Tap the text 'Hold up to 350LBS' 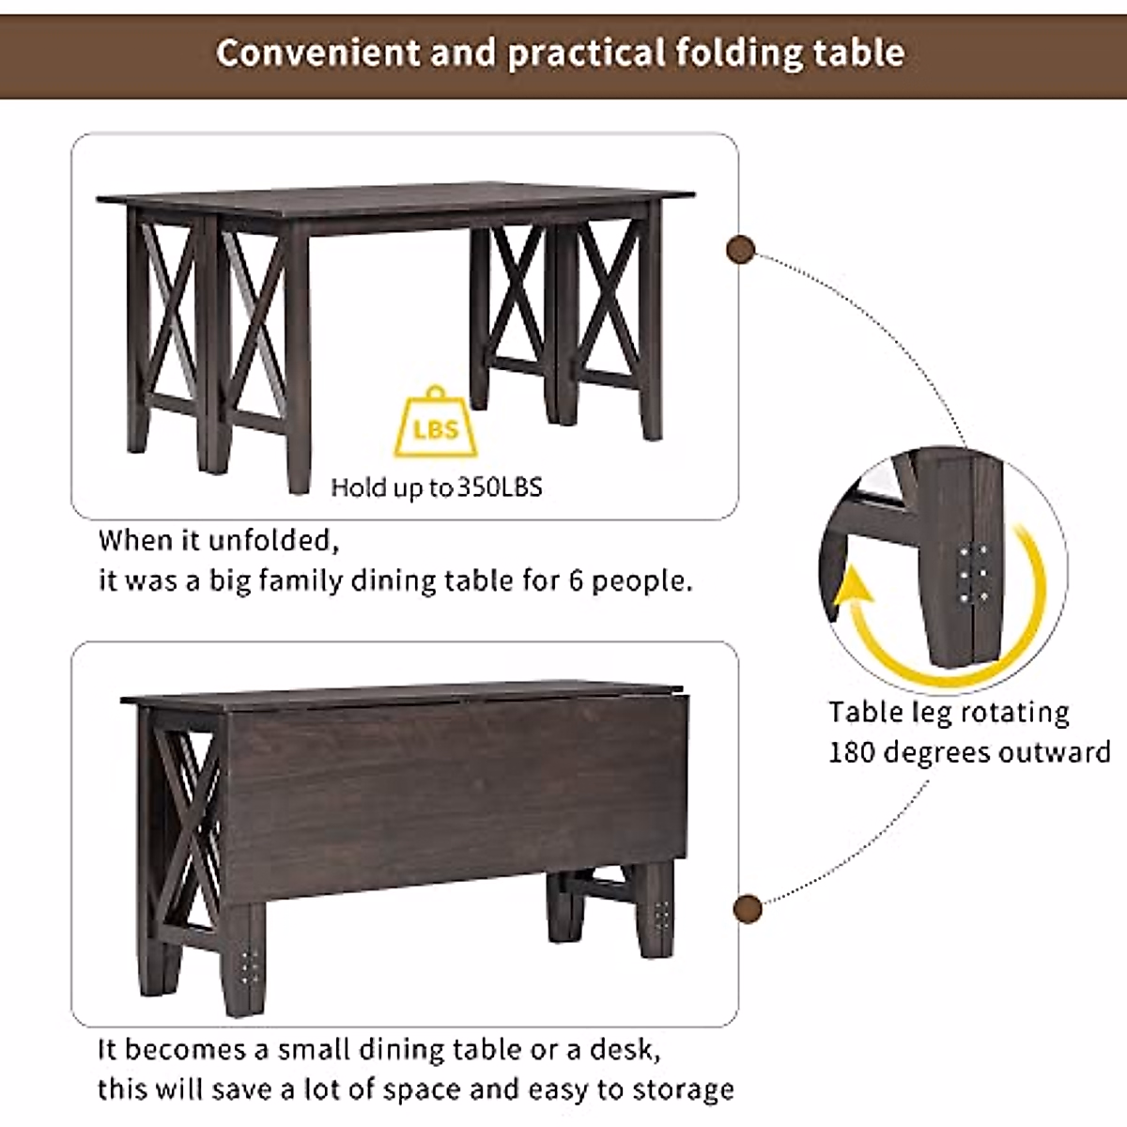(x=437, y=486)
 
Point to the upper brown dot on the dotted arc (x=741, y=250)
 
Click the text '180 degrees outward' (x=968, y=752)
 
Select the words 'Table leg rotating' (x=949, y=712)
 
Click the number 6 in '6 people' (x=577, y=580)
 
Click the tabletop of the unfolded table (x=394, y=200)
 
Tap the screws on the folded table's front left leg (x=250, y=963)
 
